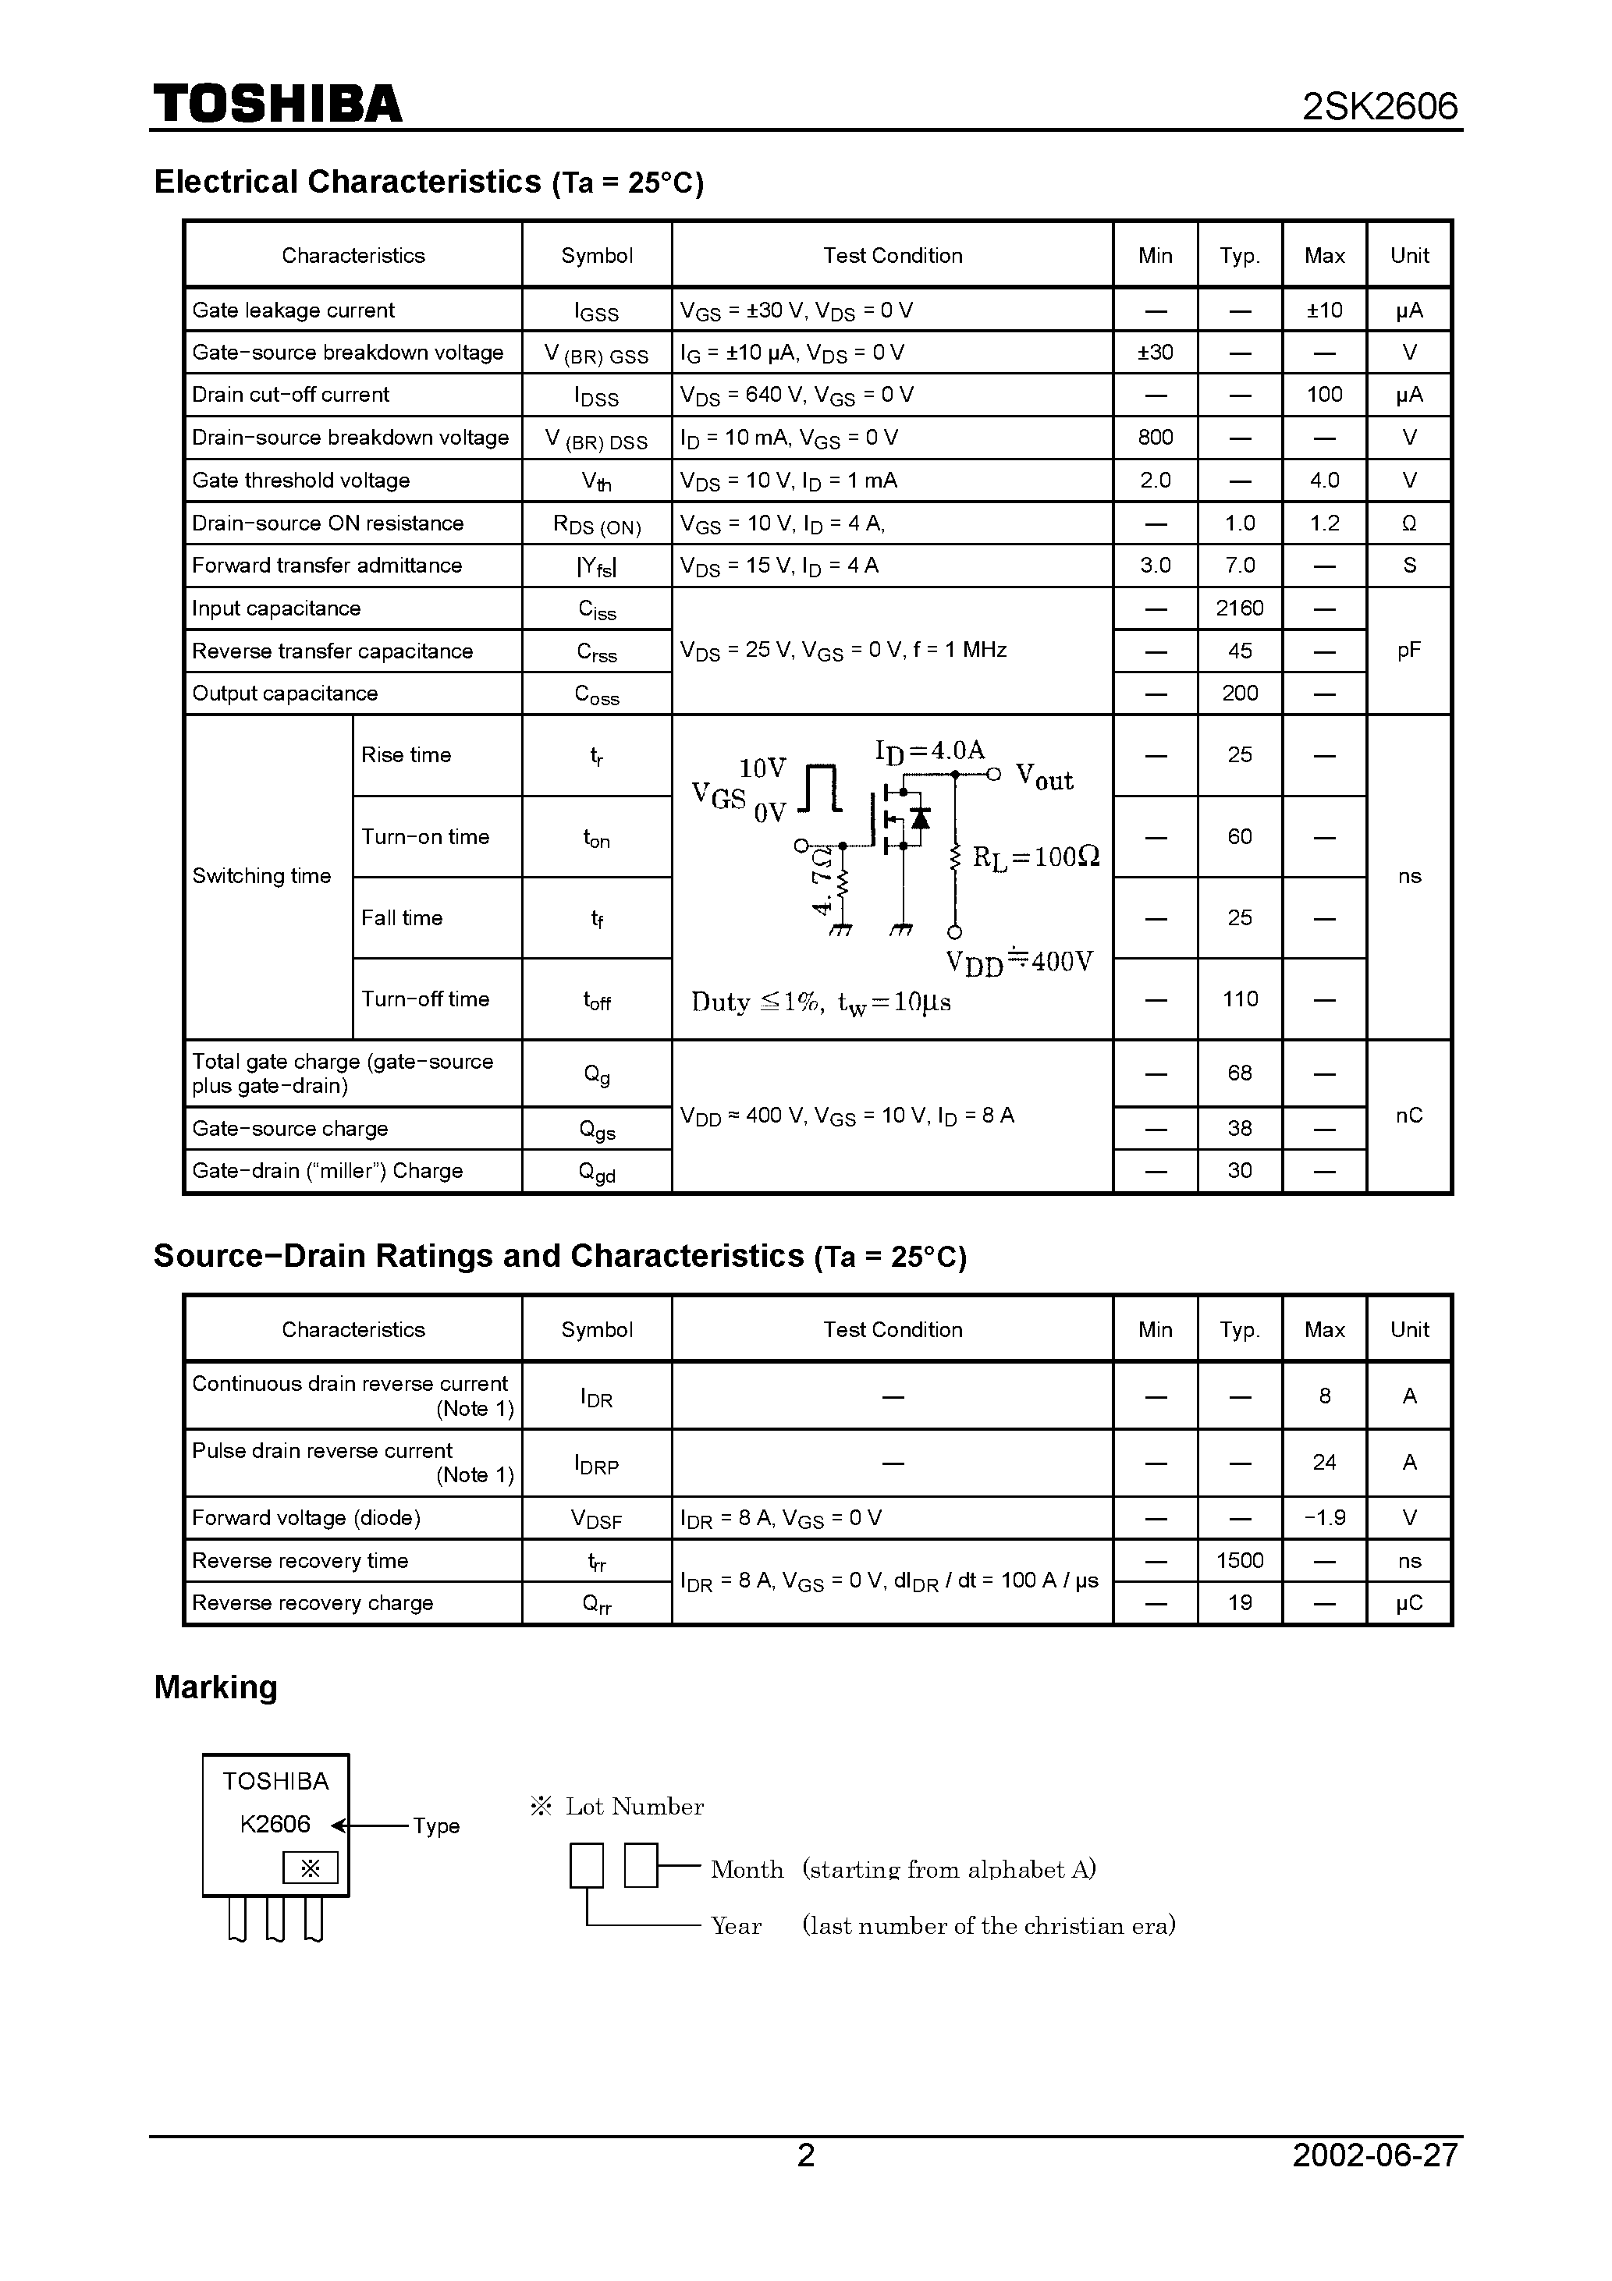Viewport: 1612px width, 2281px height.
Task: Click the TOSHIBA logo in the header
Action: coord(277,105)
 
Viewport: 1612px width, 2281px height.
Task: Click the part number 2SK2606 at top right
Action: coord(1379,106)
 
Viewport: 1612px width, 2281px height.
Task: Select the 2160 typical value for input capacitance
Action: coord(1239,608)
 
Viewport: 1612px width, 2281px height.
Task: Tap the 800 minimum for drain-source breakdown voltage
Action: coord(1155,437)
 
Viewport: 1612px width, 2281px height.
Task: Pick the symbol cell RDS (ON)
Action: coord(596,524)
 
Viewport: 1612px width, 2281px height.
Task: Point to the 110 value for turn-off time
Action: coord(1239,999)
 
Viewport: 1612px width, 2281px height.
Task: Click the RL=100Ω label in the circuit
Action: coord(1035,857)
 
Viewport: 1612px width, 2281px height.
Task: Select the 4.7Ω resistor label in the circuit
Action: coord(822,880)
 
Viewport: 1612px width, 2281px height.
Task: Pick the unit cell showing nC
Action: coord(1408,1116)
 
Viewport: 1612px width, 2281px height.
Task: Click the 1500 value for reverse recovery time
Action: coord(1239,1561)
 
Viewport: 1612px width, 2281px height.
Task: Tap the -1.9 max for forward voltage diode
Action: coord(1324,1518)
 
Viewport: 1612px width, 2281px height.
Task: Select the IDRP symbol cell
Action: coord(596,1464)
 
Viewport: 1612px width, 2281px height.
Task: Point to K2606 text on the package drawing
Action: coord(275,1825)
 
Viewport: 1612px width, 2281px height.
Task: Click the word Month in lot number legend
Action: coord(747,1870)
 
